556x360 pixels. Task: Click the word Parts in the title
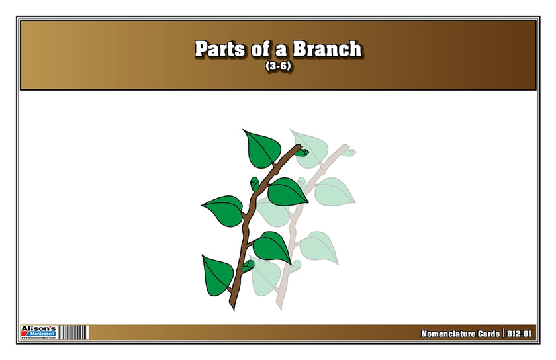click(218, 49)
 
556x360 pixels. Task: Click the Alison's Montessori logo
click(40, 332)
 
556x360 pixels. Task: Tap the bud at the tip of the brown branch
click(301, 152)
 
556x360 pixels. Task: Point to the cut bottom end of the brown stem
click(232, 306)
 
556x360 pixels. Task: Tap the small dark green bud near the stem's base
click(247, 266)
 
